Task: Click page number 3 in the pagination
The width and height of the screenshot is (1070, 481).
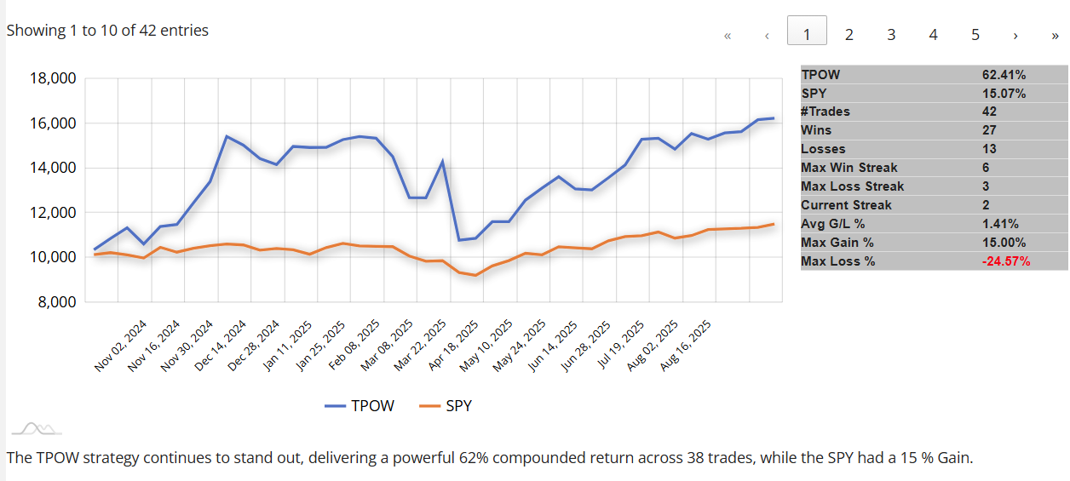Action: click(x=891, y=34)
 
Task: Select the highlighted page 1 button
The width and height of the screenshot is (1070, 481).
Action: click(x=807, y=34)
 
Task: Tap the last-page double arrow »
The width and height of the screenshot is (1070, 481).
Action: click(x=1055, y=35)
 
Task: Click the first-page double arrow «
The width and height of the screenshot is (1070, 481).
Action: click(x=728, y=35)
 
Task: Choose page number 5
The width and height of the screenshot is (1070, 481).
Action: click(x=975, y=34)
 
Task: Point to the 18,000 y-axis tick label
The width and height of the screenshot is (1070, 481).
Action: click(x=52, y=78)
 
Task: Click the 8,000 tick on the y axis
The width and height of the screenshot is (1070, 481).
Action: click(x=55, y=302)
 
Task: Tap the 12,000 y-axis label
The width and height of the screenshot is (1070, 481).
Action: click(x=52, y=213)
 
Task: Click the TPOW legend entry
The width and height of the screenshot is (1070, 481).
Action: click(x=360, y=406)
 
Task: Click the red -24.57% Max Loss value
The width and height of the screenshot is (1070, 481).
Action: click(x=1006, y=261)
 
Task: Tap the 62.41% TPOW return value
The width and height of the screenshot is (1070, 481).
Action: click(x=1004, y=75)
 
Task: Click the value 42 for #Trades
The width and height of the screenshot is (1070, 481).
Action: click(x=989, y=112)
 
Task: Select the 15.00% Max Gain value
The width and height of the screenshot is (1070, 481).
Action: click(x=1004, y=243)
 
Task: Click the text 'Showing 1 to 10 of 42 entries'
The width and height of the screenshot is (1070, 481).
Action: click(x=107, y=31)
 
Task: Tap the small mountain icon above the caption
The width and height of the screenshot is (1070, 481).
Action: click(x=36, y=428)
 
